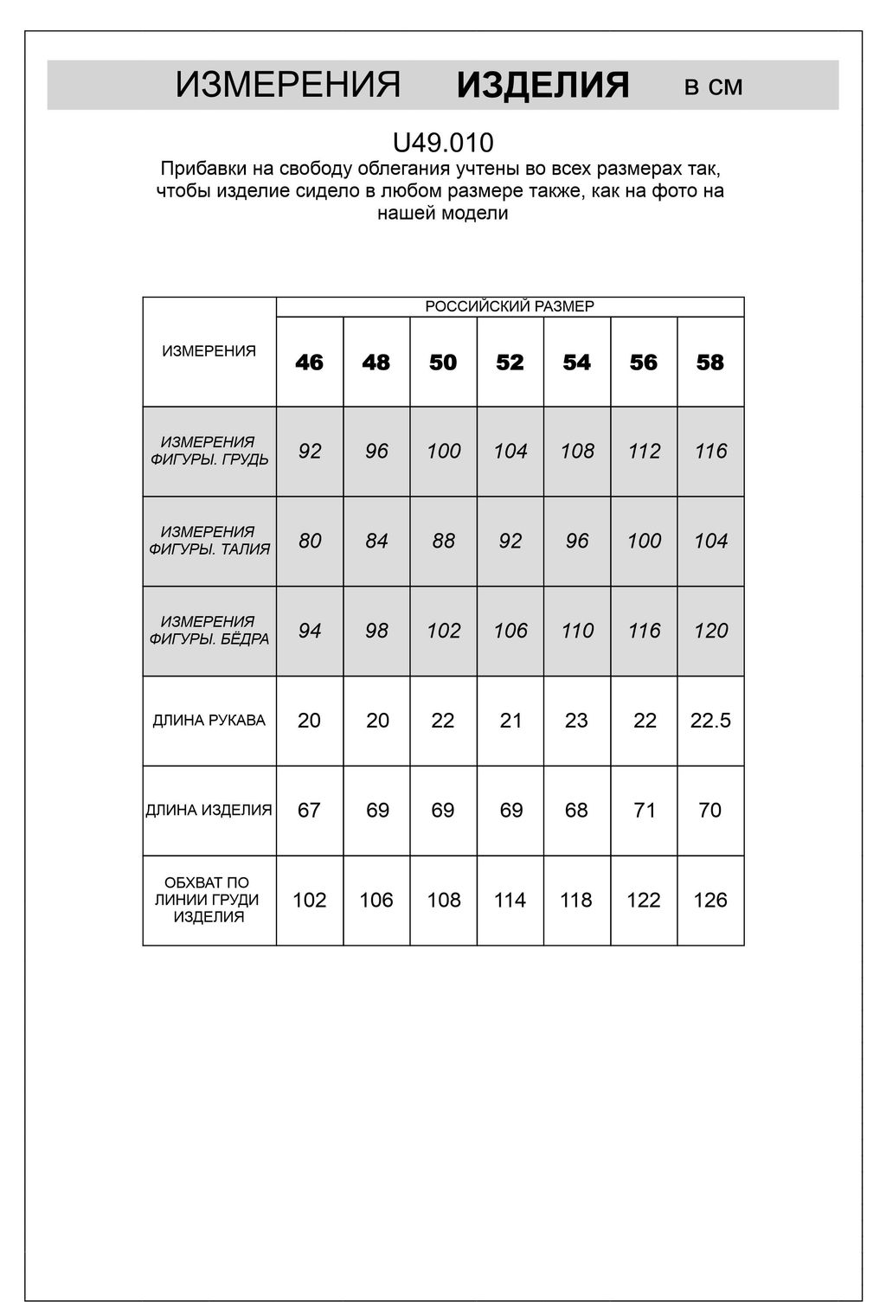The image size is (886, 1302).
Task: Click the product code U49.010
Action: [443, 142]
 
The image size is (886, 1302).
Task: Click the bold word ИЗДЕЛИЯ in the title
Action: [543, 86]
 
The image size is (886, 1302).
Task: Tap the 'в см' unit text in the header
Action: [713, 86]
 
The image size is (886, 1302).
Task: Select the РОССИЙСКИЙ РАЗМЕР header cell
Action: [510, 306]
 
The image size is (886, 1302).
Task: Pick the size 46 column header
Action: [309, 362]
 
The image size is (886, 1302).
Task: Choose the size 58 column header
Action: [710, 362]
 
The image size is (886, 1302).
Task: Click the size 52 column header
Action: [510, 362]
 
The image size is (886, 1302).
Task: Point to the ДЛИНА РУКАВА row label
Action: [209, 720]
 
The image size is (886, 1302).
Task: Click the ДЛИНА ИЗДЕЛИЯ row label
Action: [209, 810]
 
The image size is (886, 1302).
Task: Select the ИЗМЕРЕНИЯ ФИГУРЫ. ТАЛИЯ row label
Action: [209, 541]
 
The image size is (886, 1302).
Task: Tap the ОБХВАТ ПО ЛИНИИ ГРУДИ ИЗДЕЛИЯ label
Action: [209, 900]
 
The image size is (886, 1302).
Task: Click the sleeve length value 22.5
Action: [710, 720]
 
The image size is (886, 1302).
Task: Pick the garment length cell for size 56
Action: [644, 810]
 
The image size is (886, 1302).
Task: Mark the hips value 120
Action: [710, 631]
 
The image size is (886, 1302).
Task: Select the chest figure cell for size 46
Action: [309, 451]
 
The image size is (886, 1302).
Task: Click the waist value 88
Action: [443, 541]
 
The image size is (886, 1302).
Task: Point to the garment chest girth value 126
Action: [710, 900]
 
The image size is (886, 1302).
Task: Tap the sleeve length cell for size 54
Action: [576, 720]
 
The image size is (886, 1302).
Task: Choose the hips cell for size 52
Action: [510, 631]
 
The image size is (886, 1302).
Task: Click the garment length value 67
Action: [309, 810]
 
